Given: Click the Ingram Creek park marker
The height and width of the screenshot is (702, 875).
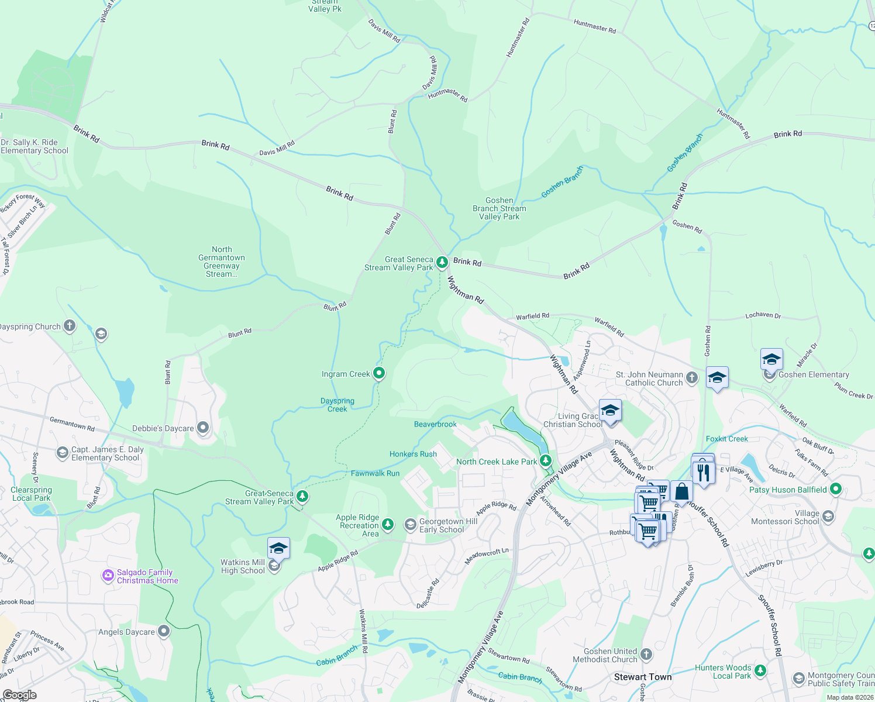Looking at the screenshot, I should point(379,373).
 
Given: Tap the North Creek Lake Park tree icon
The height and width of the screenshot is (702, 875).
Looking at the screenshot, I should point(546,460).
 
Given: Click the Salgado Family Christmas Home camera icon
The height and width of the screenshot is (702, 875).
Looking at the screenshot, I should point(108,576).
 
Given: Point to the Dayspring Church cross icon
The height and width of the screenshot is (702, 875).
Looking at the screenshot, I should point(70,326).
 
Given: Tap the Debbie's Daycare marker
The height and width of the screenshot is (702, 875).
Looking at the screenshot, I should point(203,428).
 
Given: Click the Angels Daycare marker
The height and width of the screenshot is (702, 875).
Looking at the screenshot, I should point(164,631).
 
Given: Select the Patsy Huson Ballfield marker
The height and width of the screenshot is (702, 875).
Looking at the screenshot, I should point(836,489).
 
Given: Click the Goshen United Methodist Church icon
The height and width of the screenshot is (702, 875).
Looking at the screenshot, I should point(646,654).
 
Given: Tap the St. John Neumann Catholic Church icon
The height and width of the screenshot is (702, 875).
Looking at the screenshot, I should point(692,377).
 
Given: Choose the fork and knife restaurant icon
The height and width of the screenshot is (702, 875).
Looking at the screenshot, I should point(703,472).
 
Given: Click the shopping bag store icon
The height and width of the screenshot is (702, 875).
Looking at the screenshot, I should point(681,492).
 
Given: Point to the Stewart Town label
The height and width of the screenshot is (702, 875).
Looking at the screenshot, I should point(643,677).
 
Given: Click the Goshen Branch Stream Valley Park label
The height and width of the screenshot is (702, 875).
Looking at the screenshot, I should point(499,208).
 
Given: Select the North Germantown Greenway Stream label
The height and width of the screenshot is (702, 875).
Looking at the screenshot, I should point(222,261).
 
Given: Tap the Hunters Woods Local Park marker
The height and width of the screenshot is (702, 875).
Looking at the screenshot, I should point(760,670).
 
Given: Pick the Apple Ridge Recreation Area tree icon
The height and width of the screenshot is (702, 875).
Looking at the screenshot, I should point(388,524).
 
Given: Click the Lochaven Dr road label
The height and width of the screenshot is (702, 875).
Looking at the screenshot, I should point(763,315).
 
